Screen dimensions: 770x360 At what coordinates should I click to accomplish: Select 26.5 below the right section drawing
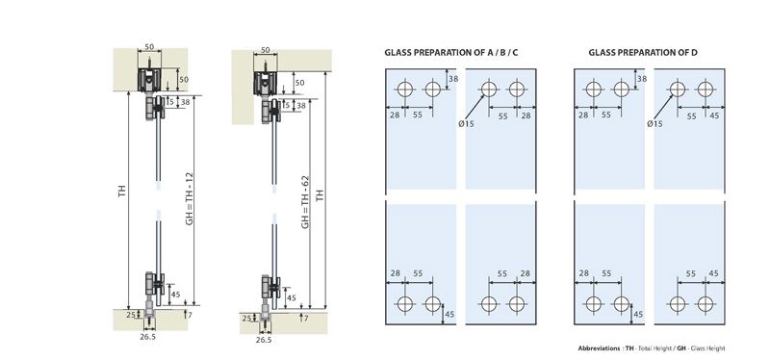(x=264, y=340)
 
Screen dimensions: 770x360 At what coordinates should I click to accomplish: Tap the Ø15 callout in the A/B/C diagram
(x=466, y=123)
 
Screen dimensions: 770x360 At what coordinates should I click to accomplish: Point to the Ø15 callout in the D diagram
(x=654, y=123)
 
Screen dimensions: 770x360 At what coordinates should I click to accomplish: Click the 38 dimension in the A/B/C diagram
(x=452, y=77)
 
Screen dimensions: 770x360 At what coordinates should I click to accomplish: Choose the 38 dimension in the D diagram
(x=641, y=77)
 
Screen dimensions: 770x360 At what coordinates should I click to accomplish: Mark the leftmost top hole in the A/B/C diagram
(x=402, y=90)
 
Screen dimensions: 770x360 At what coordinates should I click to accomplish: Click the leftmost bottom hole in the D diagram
(x=591, y=304)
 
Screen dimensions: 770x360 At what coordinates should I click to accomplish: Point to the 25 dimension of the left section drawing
(x=132, y=315)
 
